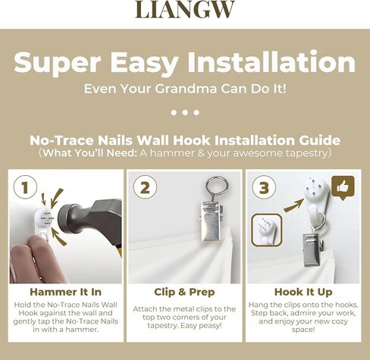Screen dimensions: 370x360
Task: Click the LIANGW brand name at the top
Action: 185,10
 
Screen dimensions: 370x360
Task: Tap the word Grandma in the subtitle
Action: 186,89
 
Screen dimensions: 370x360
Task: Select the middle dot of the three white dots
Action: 185,112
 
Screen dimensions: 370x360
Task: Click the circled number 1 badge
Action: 25,187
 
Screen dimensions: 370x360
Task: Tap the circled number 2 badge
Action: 145,187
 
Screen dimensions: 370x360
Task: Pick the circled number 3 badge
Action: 264,187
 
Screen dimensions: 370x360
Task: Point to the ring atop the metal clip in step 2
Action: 217,187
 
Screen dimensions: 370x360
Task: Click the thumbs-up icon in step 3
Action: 343,188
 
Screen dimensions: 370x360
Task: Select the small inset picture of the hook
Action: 267,230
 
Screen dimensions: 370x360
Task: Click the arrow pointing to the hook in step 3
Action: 294,205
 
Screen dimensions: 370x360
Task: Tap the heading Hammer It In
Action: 66,292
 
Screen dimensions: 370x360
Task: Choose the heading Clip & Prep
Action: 184,292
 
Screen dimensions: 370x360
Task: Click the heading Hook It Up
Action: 303,292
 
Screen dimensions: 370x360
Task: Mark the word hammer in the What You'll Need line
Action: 172,153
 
